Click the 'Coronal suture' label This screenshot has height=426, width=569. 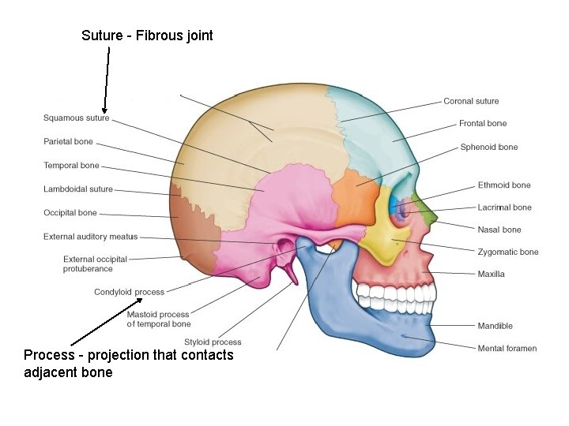[471, 101]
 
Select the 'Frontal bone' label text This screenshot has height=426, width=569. [483, 124]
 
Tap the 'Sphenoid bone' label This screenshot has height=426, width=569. [489, 147]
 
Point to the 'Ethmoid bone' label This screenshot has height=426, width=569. [504, 185]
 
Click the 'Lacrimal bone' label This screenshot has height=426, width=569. [504, 207]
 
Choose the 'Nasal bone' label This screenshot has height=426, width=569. [499, 230]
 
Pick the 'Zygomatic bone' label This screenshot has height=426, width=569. [507, 252]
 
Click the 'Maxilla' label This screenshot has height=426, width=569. [491, 274]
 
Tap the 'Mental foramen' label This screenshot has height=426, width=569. [507, 348]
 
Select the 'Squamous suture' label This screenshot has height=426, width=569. [76, 118]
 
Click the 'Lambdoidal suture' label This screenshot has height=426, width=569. [78, 189]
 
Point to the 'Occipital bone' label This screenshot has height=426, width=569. [70, 212]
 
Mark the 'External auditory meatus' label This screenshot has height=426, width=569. [90, 237]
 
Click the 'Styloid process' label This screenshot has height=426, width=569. [213, 342]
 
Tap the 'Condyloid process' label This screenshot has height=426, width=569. [129, 292]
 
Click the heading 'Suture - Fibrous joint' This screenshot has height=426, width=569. [147, 35]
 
